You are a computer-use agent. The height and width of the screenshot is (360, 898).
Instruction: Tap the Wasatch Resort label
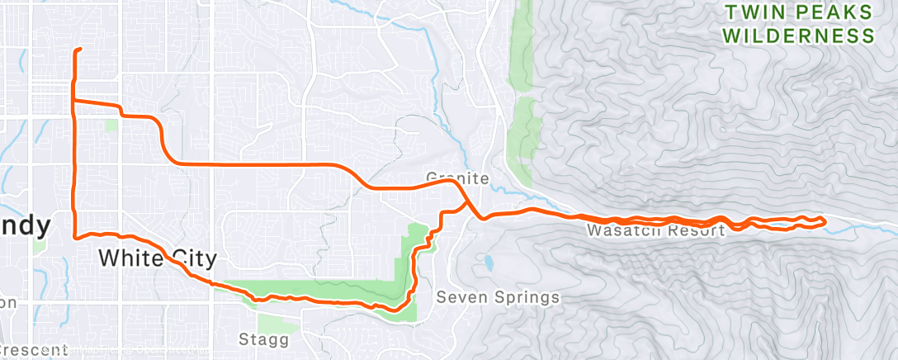(655, 230)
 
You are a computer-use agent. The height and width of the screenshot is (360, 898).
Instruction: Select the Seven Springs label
(498, 297)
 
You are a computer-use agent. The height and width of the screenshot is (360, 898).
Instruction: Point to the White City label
(157, 258)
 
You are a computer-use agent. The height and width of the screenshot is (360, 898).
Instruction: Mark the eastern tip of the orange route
(824, 220)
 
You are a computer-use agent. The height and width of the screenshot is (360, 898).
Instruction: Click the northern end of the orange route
(80, 50)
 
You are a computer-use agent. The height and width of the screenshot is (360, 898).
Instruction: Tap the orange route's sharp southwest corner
(76, 236)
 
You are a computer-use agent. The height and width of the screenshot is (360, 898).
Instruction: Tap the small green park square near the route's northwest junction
(112, 126)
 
